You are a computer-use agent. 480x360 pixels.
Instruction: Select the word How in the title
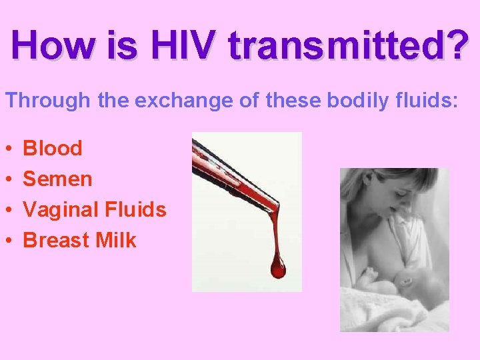53,45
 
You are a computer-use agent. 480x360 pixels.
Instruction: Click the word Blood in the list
53,148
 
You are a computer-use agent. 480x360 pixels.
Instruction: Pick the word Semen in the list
57,179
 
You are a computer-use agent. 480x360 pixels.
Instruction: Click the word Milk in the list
116,240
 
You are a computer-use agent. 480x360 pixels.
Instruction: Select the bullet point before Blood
9,149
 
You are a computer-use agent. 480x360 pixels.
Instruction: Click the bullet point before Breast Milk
9,241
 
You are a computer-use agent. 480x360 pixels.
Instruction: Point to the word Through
47,101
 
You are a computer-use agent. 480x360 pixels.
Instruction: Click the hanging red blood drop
277,267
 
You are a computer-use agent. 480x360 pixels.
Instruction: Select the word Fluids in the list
135,210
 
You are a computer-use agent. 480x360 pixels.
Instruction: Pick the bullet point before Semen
9,179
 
